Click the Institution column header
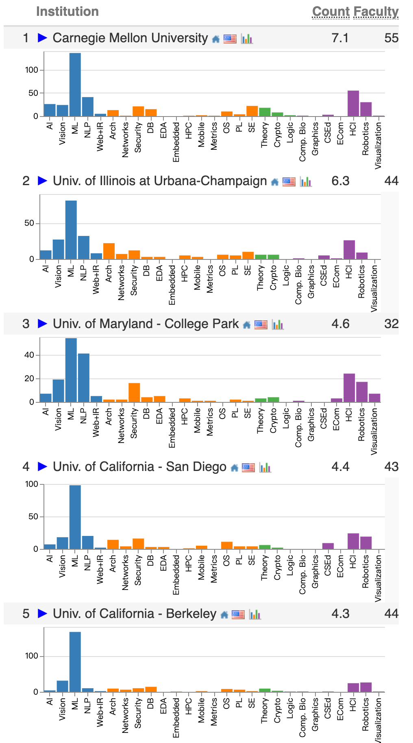click(x=67, y=11)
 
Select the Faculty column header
click(x=376, y=11)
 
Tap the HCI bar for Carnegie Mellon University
click(x=353, y=104)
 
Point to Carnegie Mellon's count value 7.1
click(x=340, y=38)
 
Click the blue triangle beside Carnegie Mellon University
click(x=42, y=38)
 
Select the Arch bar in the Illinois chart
click(x=109, y=251)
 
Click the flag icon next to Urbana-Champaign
click(x=289, y=181)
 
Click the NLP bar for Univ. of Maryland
click(x=84, y=378)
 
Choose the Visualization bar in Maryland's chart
click(x=374, y=398)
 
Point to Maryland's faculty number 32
click(x=391, y=324)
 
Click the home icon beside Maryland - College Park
click(x=246, y=325)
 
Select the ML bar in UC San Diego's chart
click(x=75, y=517)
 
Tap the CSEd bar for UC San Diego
click(x=328, y=546)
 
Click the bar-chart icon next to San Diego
click(x=265, y=467)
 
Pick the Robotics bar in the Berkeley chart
click(x=366, y=687)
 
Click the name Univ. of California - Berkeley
click(x=135, y=613)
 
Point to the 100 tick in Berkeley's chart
click(x=31, y=656)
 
